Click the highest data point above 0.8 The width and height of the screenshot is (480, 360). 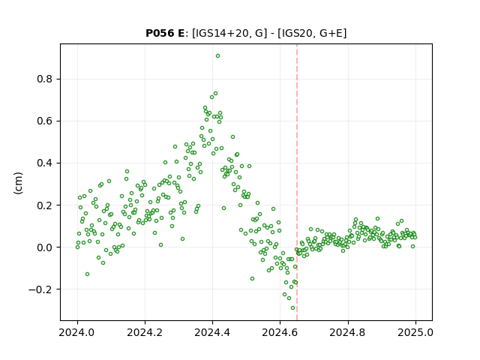point(217,56)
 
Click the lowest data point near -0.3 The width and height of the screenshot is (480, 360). point(293,308)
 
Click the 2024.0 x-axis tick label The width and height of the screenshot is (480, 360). point(77,332)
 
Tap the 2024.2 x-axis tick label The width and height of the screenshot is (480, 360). point(145,332)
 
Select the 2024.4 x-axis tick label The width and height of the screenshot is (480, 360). point(212,332)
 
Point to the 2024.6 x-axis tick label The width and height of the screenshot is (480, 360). point(280,332)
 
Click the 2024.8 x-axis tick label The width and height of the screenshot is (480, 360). point(348,332)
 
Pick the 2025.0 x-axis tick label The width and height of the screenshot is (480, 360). point(415,332)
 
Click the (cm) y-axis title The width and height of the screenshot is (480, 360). point(18,183)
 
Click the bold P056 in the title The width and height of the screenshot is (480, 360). point(160,33)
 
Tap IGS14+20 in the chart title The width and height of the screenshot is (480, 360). point(221,33)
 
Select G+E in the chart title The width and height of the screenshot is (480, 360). point(331,33)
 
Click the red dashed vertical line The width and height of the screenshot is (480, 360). point(297,182)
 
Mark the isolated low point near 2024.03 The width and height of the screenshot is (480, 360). point(87,274)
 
